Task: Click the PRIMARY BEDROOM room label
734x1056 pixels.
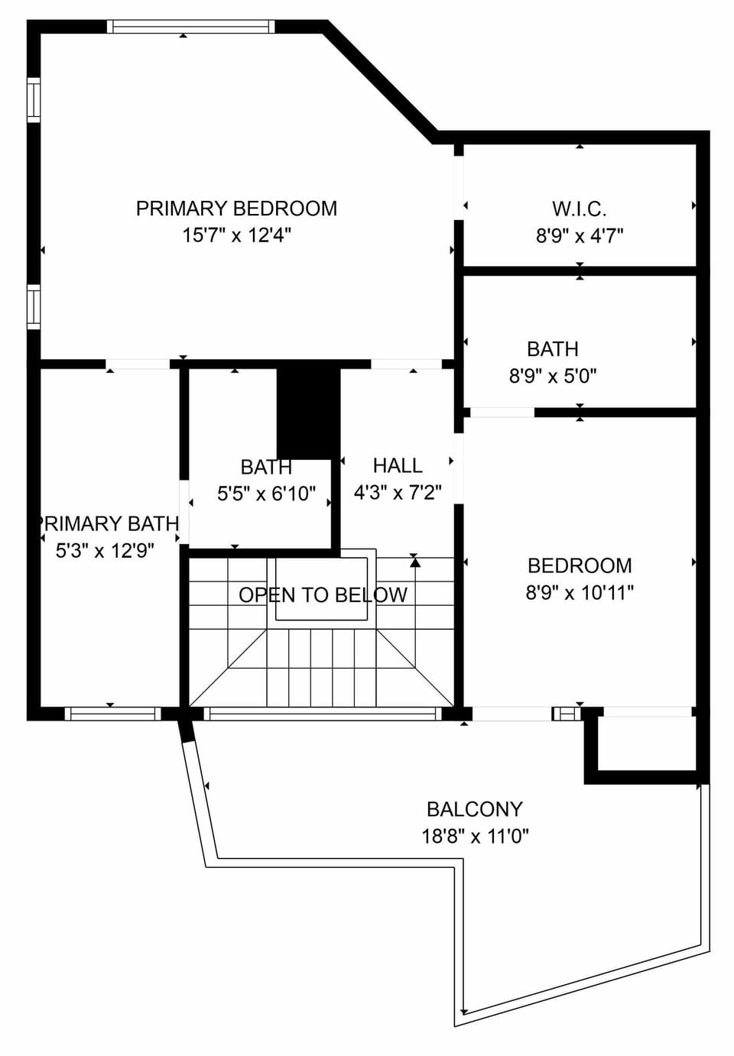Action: point(236,209)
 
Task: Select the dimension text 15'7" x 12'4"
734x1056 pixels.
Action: point(236,235)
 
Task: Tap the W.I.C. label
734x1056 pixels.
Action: point(579,209)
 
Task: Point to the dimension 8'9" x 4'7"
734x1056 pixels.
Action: point(579,235)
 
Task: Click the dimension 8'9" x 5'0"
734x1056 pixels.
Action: point(552,376)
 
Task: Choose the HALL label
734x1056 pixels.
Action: point(397,465)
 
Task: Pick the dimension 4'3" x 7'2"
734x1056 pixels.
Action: point(397,493)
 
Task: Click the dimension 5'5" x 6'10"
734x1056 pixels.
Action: point(265,494)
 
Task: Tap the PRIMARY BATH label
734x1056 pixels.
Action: point(108,523)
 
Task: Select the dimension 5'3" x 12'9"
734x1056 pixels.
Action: point(105,550)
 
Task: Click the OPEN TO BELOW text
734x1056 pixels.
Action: point(323,594)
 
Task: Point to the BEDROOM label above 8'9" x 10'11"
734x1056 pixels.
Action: point(580,565)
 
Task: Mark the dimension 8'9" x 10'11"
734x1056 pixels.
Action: point(580,593)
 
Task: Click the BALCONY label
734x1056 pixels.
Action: point(474,808)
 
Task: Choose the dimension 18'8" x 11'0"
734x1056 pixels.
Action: point(474,836)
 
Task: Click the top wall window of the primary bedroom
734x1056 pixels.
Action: point(190,27)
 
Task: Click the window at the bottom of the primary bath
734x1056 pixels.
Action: point(112,714)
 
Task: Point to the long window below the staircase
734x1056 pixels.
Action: point(322,714)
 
